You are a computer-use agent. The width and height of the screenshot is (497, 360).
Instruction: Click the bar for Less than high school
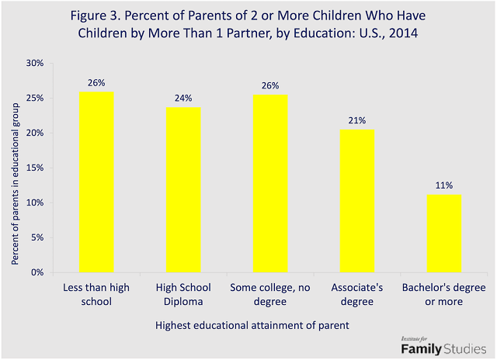click(x=96, y=182)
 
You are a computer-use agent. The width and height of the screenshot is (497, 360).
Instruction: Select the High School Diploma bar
click(x=182, y=190)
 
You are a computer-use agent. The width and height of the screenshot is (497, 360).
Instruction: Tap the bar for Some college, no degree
click(x=269, y=183)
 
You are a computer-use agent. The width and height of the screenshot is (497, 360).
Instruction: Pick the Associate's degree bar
click(x=356, y=201)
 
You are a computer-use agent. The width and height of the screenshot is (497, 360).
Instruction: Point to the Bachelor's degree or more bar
click(x=443, y=234)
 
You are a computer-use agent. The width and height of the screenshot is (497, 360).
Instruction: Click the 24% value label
click(x=182, y=99)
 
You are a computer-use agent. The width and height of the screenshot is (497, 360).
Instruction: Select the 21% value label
click(x=356, y=121)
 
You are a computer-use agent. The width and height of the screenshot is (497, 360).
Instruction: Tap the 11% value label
click(x=443, y=186)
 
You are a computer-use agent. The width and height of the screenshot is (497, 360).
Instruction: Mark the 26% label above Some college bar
click(x=269, y=85)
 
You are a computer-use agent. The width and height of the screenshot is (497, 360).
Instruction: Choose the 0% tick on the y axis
click(x=36, y=272)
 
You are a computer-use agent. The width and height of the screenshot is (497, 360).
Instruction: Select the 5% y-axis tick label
click(x=36, y=237)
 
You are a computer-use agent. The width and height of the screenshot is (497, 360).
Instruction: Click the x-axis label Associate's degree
click(x=356, y=294)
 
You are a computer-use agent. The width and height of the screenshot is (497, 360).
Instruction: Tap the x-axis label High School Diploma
click(x=182, y=294)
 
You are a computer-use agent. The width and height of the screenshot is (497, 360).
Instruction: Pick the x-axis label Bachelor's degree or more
click(x=443, y=294)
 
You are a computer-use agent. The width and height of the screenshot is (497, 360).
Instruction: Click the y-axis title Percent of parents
click(x=15, y=168)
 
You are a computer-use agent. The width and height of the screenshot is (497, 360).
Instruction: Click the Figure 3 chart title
click(x=248, y=23)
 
